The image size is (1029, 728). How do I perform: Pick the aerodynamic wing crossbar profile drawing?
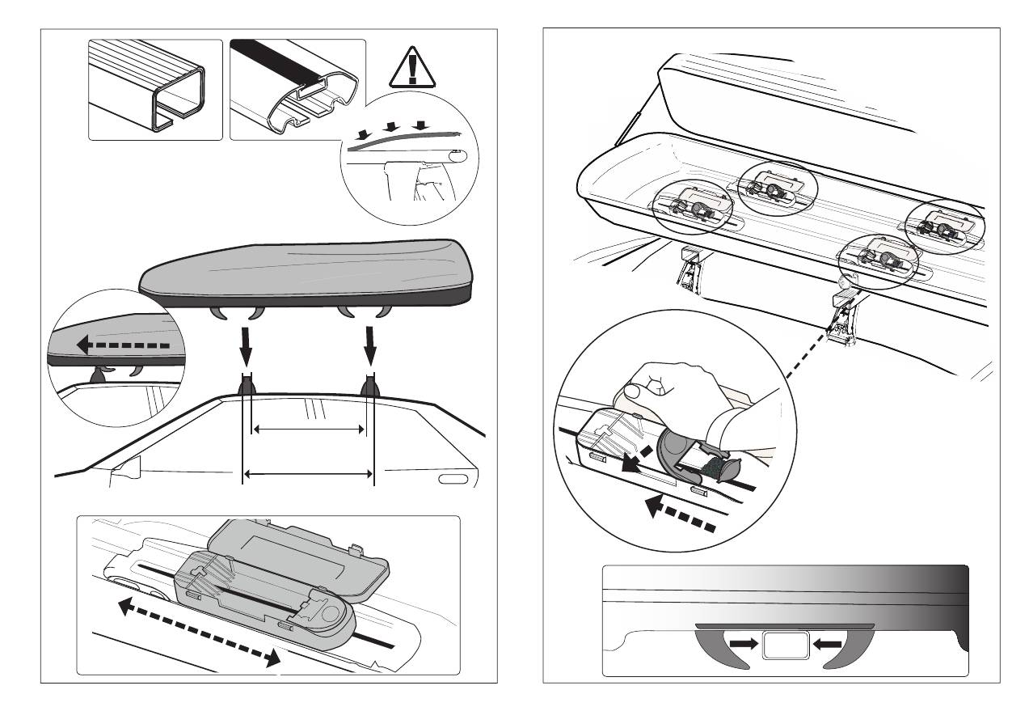(297, 90)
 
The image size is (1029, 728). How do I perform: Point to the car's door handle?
(453, 480)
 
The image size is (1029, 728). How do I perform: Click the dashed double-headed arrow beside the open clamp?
(198, 629)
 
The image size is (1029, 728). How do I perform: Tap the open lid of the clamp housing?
(299, 558)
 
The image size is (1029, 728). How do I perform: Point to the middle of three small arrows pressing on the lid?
(392, 126)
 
